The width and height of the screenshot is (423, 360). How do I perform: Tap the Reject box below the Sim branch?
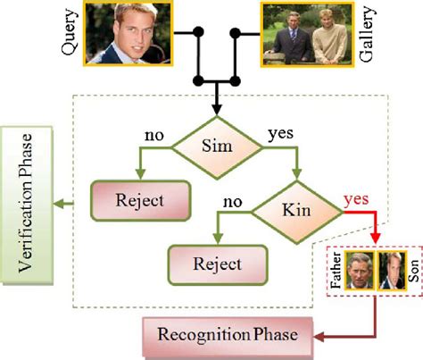[x=140, y=198]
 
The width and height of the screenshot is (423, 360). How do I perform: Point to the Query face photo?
[x=126, y=35]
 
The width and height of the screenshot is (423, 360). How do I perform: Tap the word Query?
[x=70, y=37]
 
